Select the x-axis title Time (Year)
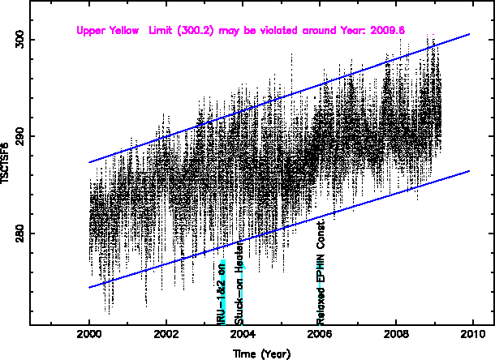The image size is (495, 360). tap(262, 354)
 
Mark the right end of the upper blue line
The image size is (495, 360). tap(470, 34)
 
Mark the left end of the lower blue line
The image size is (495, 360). tap(89, 287)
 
